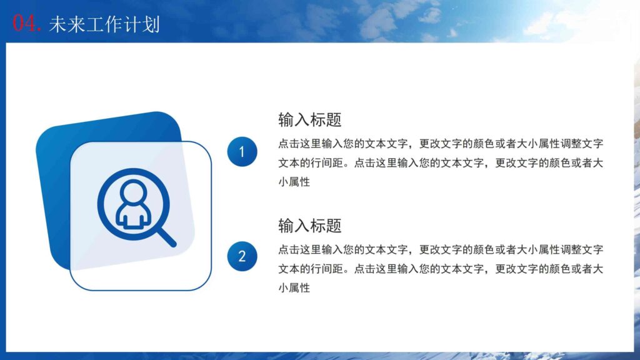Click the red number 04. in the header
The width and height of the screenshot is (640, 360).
click(27, 24)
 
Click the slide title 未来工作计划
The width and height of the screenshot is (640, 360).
click(104, 24)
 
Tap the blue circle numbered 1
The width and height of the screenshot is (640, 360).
click(242, 152)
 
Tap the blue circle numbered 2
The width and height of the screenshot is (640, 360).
click(242, 256)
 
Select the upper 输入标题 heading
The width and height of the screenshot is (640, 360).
click(309, 119)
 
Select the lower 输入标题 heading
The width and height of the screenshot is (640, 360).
click(309, 225)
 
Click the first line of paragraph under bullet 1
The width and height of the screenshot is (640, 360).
click(440, 143)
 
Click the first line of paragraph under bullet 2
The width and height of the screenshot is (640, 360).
click(440, 249)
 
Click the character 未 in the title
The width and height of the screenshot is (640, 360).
click(57, 24)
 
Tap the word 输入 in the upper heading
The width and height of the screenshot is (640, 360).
click(294, 119)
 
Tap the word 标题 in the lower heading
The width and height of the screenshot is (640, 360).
click(326, 225)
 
